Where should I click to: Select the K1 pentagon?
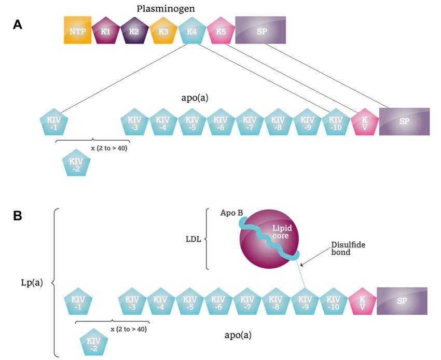click(x=106, y=31)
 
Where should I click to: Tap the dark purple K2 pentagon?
click(x=134, y=31)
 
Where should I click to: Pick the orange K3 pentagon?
click(x=163, y=31)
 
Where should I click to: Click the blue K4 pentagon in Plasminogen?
click(x=192, y=31)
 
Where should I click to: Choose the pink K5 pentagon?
click(x=221, y=31)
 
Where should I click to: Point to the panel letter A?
click(x=18, y=24)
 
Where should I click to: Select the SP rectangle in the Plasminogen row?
click(x=260, y=30)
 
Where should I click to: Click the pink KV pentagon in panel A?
click(x=365, y=123)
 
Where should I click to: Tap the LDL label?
click(x=194, y=240)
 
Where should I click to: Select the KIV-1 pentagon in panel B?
click(x=78, y=302)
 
